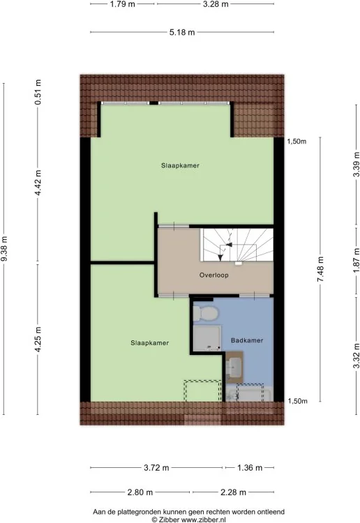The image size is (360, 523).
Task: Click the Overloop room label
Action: coord(214,275)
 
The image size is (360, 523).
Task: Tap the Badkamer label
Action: coord(247,340)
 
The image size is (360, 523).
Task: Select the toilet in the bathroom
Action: coord(206,314)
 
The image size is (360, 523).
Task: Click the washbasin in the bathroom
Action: coord(234,367)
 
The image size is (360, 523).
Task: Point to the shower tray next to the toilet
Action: coord(207,338)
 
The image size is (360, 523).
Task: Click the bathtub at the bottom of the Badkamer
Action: coord(249,393)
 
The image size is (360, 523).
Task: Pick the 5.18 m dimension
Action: coord(182,32)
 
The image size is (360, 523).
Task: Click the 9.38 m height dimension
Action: coord(4,249)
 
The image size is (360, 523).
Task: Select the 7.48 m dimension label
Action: coord(320,269)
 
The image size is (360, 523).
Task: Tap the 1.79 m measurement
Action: coord(123,4)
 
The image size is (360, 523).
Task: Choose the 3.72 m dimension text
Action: coord(156,468)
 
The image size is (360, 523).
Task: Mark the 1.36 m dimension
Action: coord(250,468)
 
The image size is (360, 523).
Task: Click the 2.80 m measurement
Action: coord(140,492)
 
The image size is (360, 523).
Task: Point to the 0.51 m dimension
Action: coord(38,92)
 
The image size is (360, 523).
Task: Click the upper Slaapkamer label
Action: coord(180,165)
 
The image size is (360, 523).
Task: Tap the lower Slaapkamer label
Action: coord(149,343)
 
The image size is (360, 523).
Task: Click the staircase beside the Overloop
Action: coord(237,245)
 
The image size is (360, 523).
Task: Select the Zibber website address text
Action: coord(204,520)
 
